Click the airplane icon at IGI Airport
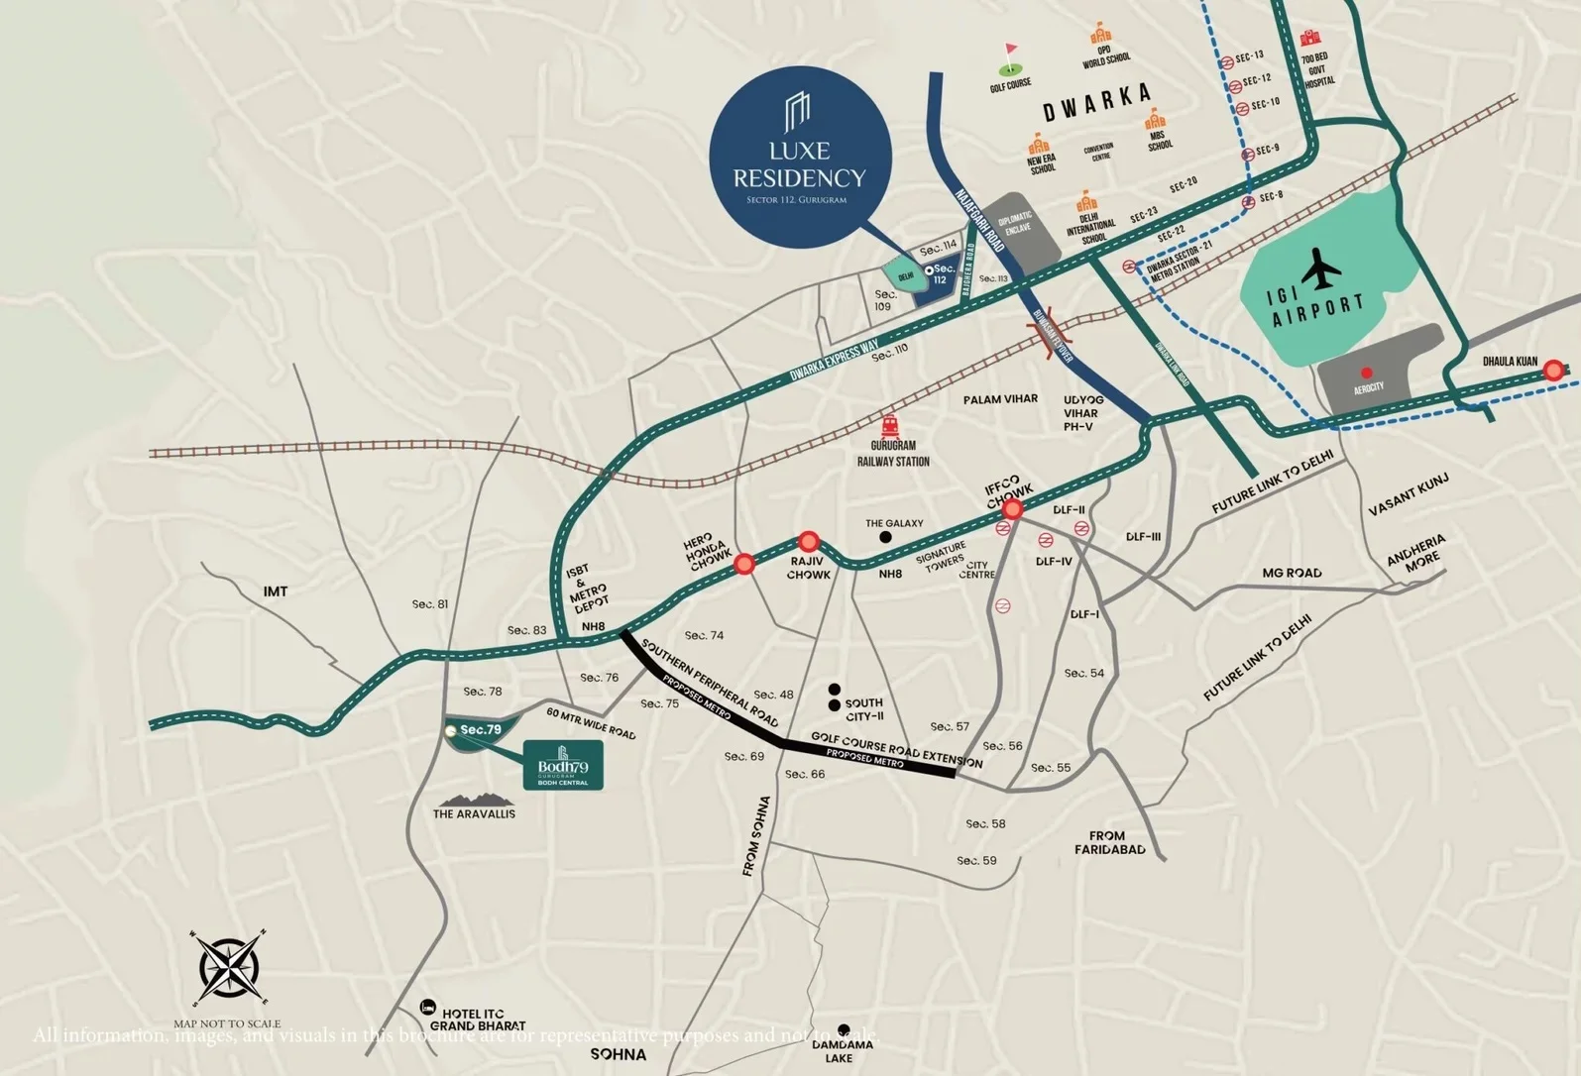click(x=1321, y=269)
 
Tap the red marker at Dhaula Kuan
click(x=1553, y=371)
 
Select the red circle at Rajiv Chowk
click(x=809, y=542)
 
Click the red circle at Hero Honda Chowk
click(x=744, y=564)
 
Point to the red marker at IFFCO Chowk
click(x=1012, y=509)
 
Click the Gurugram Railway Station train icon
click(x=890, y=427)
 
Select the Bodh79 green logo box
click(x=563, y=765)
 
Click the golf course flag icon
click(x=1010, y=60)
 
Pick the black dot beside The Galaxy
click(x=885, y=537)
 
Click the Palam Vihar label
click(x=1000, y=399)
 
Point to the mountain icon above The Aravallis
click(x=474, y=799)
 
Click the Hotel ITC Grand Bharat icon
click(x=427, y=1007)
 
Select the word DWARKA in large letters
click(x=1097, y=102)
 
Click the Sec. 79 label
click(x=481, y=730)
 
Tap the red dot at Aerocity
click(x=1367, y=374)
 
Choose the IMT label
click(x=276, y=592)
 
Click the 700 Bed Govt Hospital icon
click(x=1311, y=39)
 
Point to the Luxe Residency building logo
click(x=798, y=113)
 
